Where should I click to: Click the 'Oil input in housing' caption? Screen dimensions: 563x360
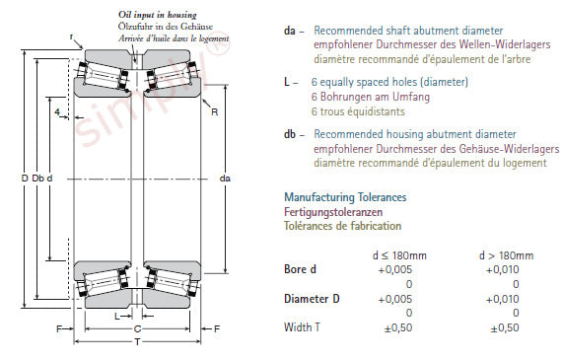(158, 15)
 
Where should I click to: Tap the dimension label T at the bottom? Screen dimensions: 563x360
(137, 342)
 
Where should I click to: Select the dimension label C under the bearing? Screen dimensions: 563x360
(137, 328)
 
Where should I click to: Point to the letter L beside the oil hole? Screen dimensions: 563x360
(117, 317)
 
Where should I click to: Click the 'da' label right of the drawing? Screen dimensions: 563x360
(225, 179)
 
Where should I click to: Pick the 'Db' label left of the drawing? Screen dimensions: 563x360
(37, 179)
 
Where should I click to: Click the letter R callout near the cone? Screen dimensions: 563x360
(214, 112)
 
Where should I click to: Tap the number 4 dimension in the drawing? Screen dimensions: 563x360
(57, 112)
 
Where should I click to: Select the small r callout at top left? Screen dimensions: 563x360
(71, 36)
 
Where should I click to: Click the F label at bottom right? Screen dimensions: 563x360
(217, 328)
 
